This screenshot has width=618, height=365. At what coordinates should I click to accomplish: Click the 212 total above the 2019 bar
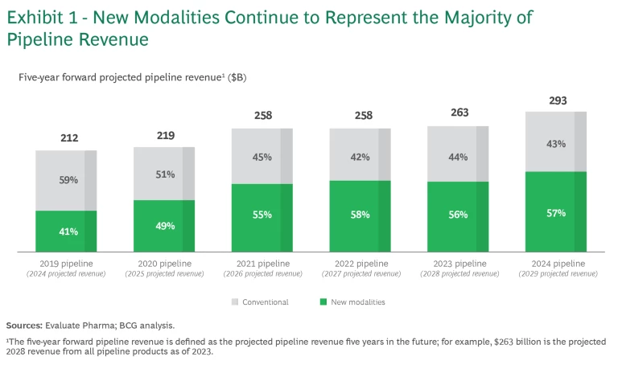point(69,138)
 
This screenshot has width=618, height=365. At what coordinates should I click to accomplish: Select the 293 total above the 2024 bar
point(558,100)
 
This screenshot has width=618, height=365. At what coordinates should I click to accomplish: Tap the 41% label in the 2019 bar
point(68,232)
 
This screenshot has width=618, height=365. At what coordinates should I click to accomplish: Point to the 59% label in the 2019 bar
point(68,180)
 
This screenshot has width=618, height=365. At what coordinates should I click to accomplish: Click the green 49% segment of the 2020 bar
point(164,226)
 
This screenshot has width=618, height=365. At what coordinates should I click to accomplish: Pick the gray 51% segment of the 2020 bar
point(164,174)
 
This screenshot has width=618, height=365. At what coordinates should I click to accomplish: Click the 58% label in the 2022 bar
point(360,215)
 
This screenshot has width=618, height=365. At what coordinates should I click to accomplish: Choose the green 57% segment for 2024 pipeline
point(556,212)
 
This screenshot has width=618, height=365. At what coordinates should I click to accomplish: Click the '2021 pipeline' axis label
point(262,264)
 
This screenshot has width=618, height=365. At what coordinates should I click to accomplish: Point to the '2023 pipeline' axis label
point(459,264)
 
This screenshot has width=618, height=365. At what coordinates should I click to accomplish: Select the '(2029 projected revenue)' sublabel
point(556,274)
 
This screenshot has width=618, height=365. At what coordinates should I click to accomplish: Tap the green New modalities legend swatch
point(324,302)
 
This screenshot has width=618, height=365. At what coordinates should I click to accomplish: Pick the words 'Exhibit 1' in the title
point(42,17)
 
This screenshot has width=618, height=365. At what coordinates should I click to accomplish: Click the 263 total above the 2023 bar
point(460,113)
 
